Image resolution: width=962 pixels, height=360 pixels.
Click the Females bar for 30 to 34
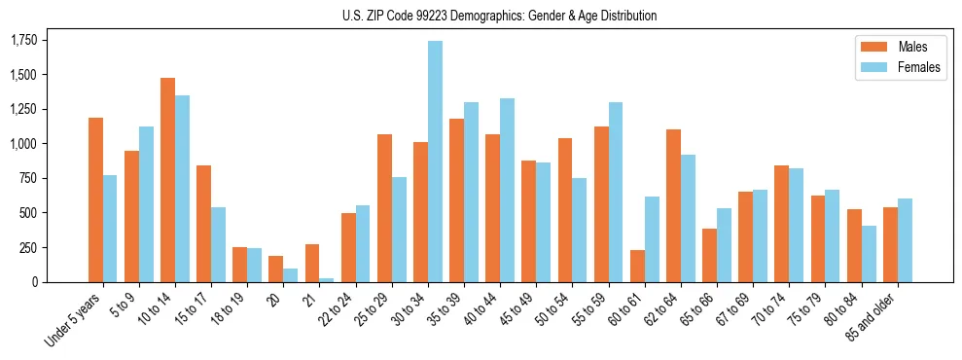click(x=435, y=162)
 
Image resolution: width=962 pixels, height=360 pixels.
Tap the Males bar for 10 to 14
click(x=168, y=180)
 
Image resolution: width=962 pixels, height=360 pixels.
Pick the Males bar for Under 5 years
click(x=95, y=199)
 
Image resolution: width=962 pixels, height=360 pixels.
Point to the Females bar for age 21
click(x=327, y=279)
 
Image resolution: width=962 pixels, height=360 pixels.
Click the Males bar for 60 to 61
click(x=638, y=266)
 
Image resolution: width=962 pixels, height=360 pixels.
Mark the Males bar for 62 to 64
click(x=674, y=205)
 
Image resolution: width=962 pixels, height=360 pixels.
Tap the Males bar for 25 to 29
click(x=384, y=208)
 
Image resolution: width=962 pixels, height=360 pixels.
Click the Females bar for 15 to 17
click(x=219, y=244)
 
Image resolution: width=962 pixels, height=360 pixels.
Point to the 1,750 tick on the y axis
click(x=24, y=40)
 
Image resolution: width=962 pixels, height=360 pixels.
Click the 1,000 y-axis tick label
click(x=24, y=144)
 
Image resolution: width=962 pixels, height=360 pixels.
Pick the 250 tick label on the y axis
click(x=30, y=248)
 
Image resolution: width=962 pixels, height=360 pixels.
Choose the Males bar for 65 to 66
click(x=710, y=255)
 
